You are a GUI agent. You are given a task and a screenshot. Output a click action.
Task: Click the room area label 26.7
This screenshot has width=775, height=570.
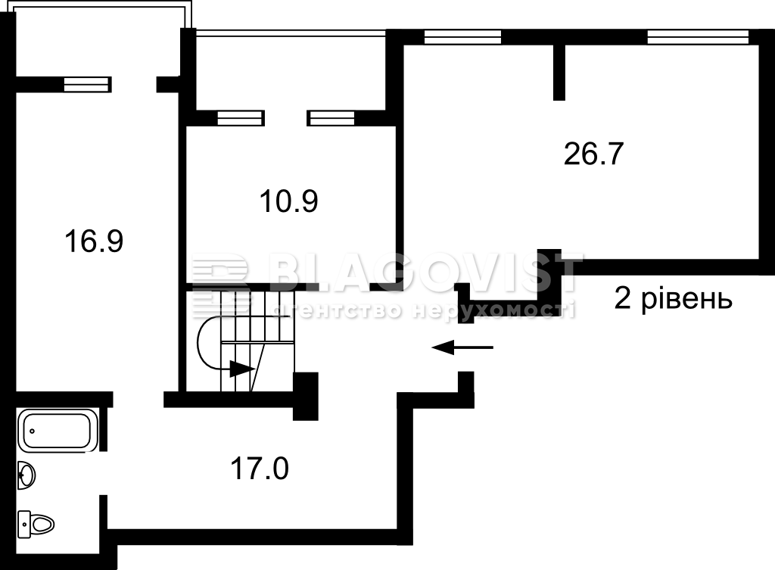coord(593,154)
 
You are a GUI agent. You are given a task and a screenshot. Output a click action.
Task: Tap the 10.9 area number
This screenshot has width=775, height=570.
coord(288,201)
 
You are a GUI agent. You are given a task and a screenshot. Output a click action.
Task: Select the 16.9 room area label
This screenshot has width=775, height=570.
coord(94,241)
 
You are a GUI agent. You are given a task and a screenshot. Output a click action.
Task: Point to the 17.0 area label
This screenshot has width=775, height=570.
coord(260,469)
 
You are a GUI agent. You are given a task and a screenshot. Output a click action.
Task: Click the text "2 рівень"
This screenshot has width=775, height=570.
coord(673,298)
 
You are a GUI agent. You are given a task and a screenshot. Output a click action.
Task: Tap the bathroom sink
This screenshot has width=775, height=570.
coord(26,475)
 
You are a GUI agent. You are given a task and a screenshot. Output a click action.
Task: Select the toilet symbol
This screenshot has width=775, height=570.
coord(36,524)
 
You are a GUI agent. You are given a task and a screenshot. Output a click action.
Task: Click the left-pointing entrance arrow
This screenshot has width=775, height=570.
coord(462,347)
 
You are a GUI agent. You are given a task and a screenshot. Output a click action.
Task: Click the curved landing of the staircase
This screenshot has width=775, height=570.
coord(209,342)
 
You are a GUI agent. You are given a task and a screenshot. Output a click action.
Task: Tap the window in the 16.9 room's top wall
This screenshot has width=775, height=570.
coord(86,85)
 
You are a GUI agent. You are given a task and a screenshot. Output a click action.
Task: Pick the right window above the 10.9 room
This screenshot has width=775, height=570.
coord(331,118)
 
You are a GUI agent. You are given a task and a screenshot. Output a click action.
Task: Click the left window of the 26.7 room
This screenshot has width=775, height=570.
coord(462,37)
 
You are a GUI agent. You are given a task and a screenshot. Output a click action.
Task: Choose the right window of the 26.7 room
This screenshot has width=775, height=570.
coord(698,37)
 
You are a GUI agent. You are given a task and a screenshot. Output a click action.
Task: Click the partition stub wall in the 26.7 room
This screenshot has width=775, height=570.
coord(559,72)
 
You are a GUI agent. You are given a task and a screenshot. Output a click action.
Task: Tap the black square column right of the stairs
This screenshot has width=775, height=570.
coord(306,397)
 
